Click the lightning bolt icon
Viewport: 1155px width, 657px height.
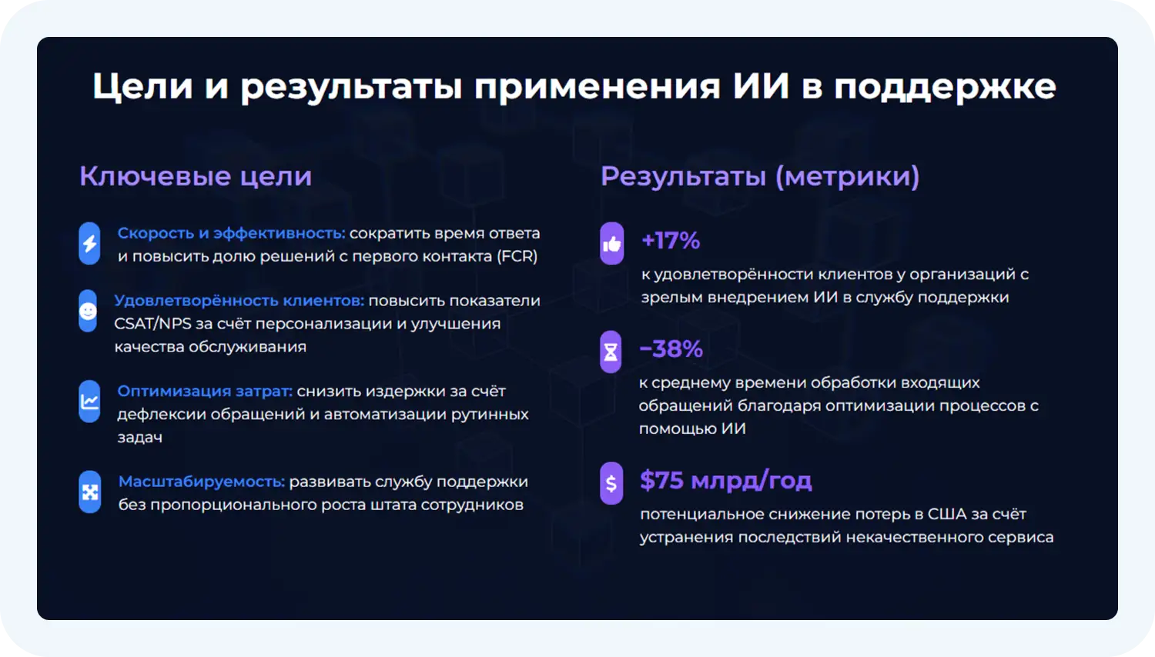[x=89, y=244]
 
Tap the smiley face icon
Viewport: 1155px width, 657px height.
[x=89, y=312]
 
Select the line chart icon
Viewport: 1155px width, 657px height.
[x=89, y=402]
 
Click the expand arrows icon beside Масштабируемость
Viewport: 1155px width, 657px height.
[x=90, y=492]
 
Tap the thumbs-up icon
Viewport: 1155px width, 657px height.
[x=611, y=244]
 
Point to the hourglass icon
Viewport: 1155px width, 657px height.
[x=611, y=352]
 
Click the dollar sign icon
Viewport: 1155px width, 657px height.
[x=611, y=483]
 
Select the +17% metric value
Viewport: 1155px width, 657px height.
[x=671, y=241]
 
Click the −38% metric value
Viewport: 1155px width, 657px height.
[x=671, y=349]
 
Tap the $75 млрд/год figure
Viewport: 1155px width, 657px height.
[x=725, y=481]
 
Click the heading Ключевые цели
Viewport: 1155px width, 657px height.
[x=196, y=176]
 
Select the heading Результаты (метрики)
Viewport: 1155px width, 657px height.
[x=760, y=176]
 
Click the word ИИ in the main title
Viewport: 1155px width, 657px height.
[x=762, y=86]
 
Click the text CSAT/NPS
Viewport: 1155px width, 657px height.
[x=153, y=324]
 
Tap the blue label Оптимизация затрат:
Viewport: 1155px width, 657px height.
[x=205, y=391]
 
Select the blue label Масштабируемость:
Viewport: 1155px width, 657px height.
[x=202, y=482]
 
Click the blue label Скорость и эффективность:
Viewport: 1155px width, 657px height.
[x=231, y=233]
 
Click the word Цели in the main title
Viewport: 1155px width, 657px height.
[x=142, y=86]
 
